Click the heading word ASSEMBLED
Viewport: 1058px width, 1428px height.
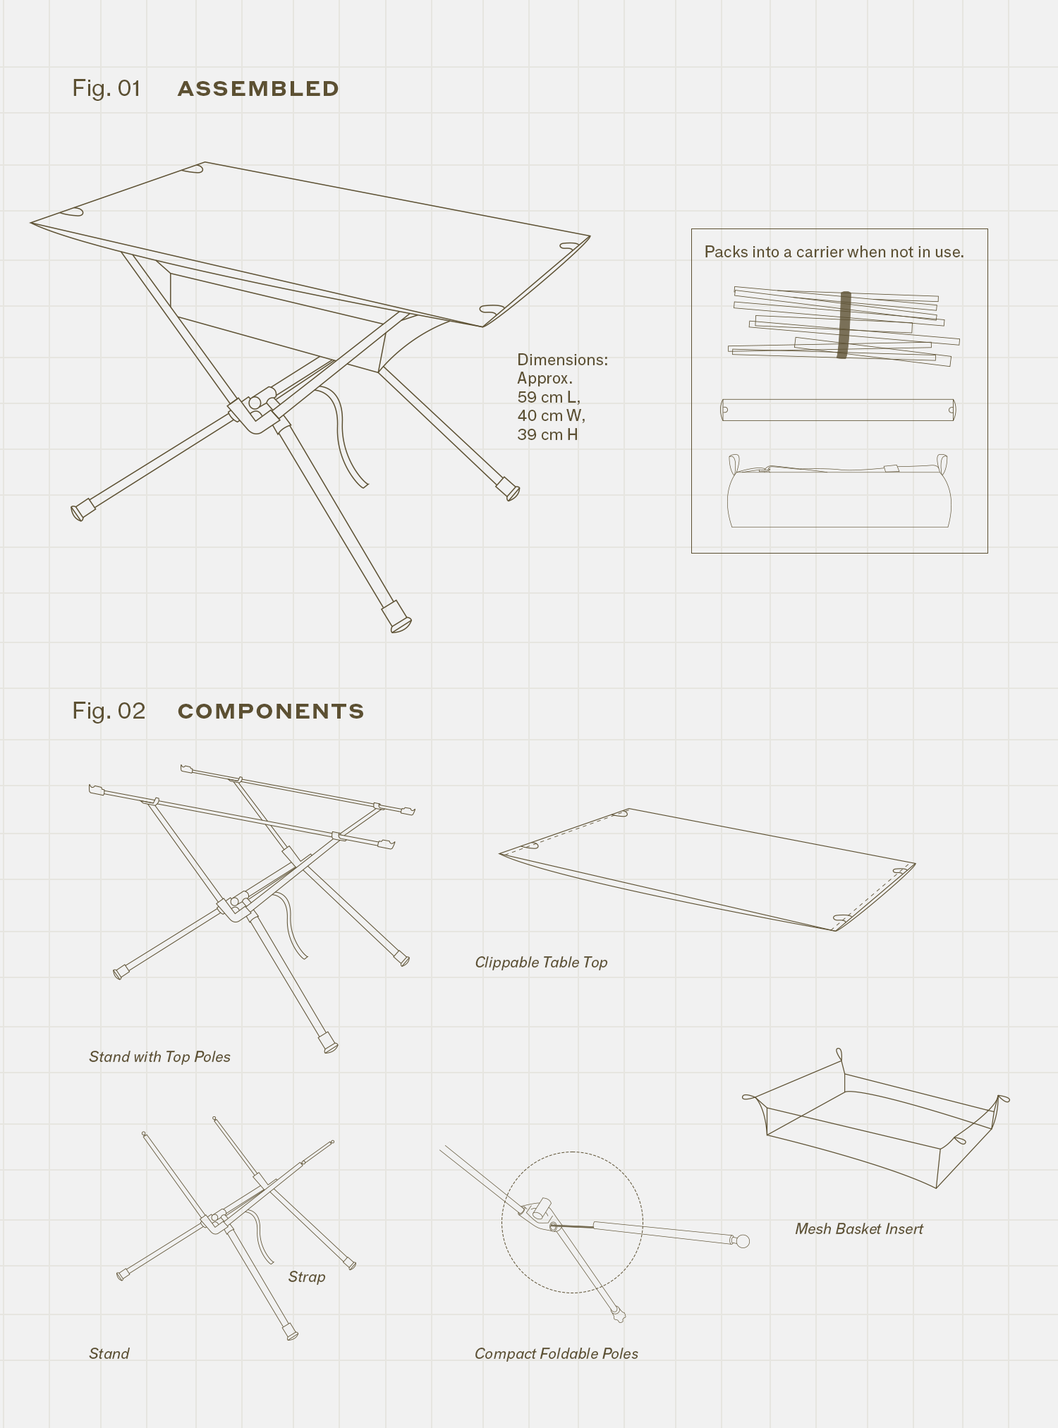[x=258, y=89]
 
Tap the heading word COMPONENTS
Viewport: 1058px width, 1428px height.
[x=271, y=711]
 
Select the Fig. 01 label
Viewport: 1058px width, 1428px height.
[x=107, y=88]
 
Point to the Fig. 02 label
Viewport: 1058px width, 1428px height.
[x=109, y=711]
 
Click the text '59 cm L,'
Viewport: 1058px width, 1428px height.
[x=549, y=397]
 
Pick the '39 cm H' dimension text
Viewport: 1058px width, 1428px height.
[x=547, y=434]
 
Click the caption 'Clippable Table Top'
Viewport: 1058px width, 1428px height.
[x=541, y=963]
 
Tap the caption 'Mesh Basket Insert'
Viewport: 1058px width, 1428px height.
[x=859, y=1229]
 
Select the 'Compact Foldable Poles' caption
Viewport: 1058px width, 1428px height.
[x=556, y=1354]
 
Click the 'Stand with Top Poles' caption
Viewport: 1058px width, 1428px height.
[x=159, y=1057]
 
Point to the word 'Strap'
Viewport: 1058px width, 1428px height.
[x=307, y=1277]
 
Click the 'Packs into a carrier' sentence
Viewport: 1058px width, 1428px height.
[x=834, y=252]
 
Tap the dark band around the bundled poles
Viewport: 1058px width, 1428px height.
[x=844, y=325]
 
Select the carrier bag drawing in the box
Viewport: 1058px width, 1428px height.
[x=839, y=497]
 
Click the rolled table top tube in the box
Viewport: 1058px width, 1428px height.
[x=838, y=410]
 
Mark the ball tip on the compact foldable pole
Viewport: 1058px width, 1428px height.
[x=742, y=1242]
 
